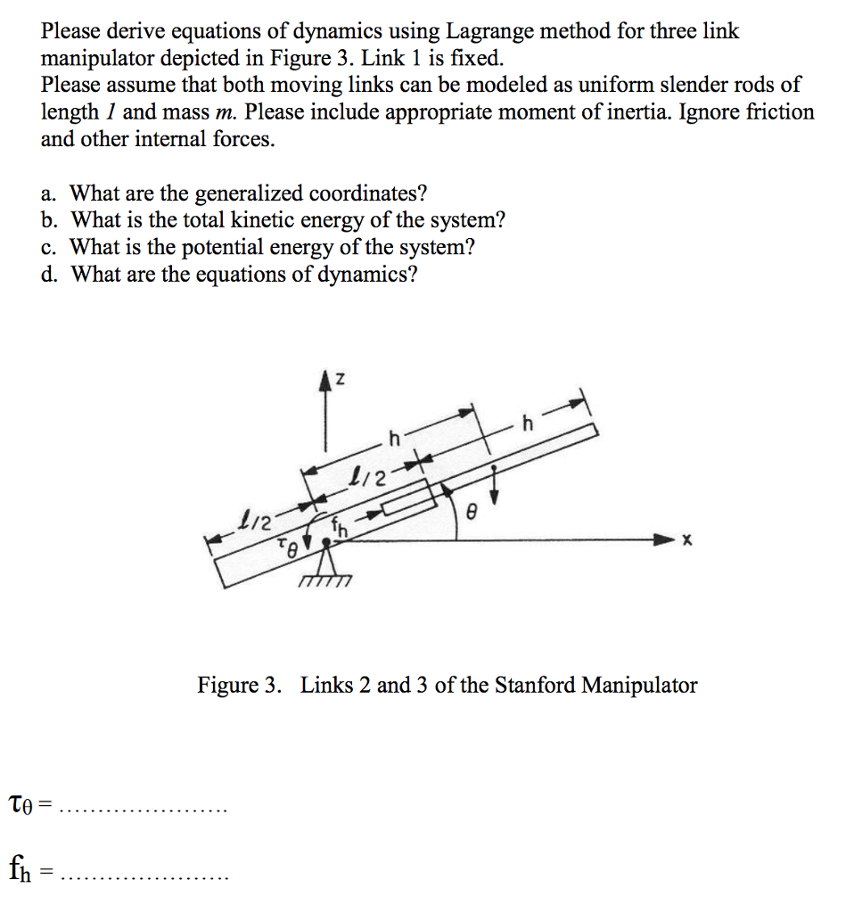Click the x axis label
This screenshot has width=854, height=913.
click(686, 540)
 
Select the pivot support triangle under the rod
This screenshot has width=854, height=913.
click(327, 560)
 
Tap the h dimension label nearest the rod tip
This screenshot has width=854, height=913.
click(528, 425)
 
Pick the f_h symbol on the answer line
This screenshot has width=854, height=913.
click(23, 867)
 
